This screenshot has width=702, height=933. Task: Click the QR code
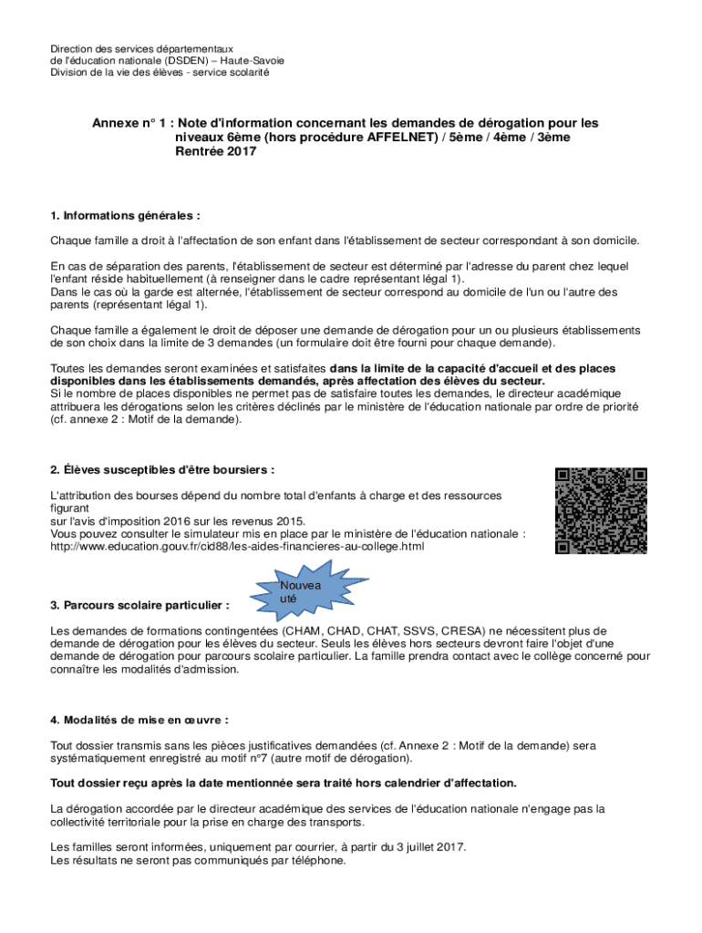point(602,510)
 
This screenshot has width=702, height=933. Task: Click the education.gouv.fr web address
point(237,547)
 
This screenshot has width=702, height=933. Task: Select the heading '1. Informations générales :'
point(125,216)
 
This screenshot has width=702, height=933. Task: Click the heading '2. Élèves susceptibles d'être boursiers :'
point(162,469)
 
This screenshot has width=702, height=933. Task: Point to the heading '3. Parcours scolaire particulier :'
point(139,605)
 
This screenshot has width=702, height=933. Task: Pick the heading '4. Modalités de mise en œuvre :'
point(139,719)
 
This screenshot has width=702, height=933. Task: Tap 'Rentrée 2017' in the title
point(215,152)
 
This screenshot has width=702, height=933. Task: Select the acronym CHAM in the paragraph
point(305,631)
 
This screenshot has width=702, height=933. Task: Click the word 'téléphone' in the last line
point(316,859)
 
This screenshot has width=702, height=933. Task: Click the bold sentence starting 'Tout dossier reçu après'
point(284,783)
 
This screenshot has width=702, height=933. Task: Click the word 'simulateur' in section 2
point(174,534)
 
